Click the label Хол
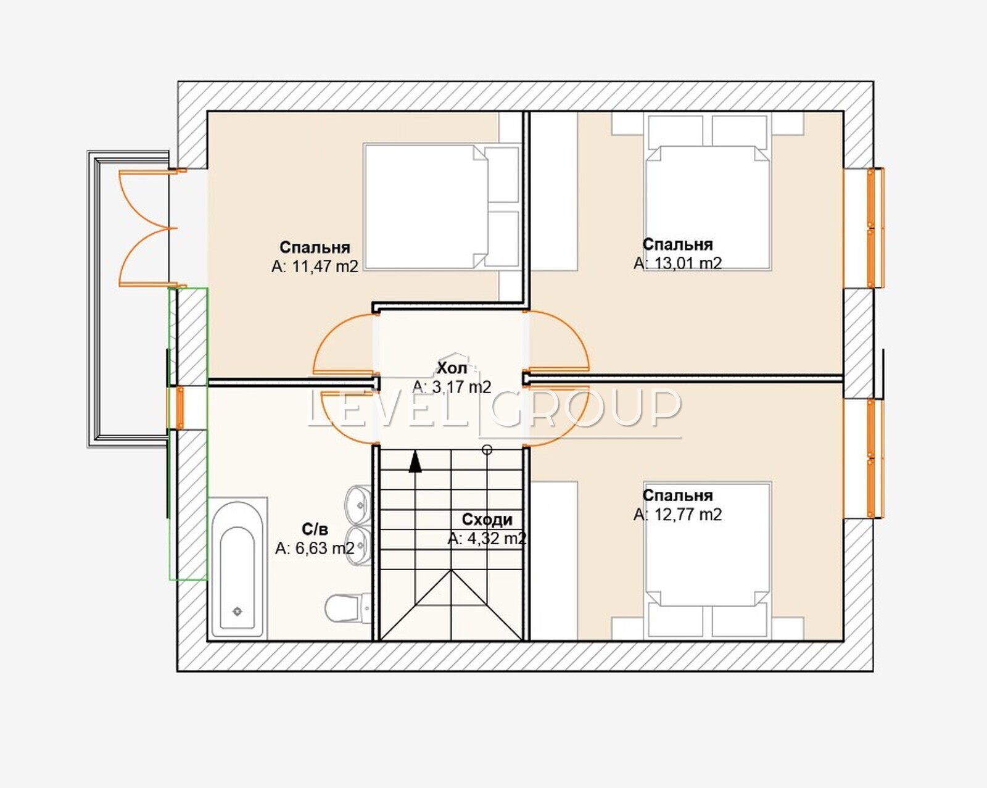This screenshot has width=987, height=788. (452, 368)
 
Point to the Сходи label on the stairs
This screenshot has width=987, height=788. (487, 520)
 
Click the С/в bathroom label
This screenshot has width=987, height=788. (315, 529)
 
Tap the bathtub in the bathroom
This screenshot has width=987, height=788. (237, 568)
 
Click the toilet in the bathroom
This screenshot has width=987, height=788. (347, 608)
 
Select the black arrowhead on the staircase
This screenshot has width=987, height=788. (415, 462)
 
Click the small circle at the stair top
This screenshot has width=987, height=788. (487, 450)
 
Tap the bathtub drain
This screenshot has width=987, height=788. (237, 611)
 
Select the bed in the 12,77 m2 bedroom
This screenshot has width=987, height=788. (707, 560)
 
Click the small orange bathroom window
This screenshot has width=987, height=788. (180, 407)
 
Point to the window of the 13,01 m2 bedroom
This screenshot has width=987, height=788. (875, 228)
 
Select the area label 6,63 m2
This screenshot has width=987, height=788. (315, 548)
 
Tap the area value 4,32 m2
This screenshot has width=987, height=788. (487, 538)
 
